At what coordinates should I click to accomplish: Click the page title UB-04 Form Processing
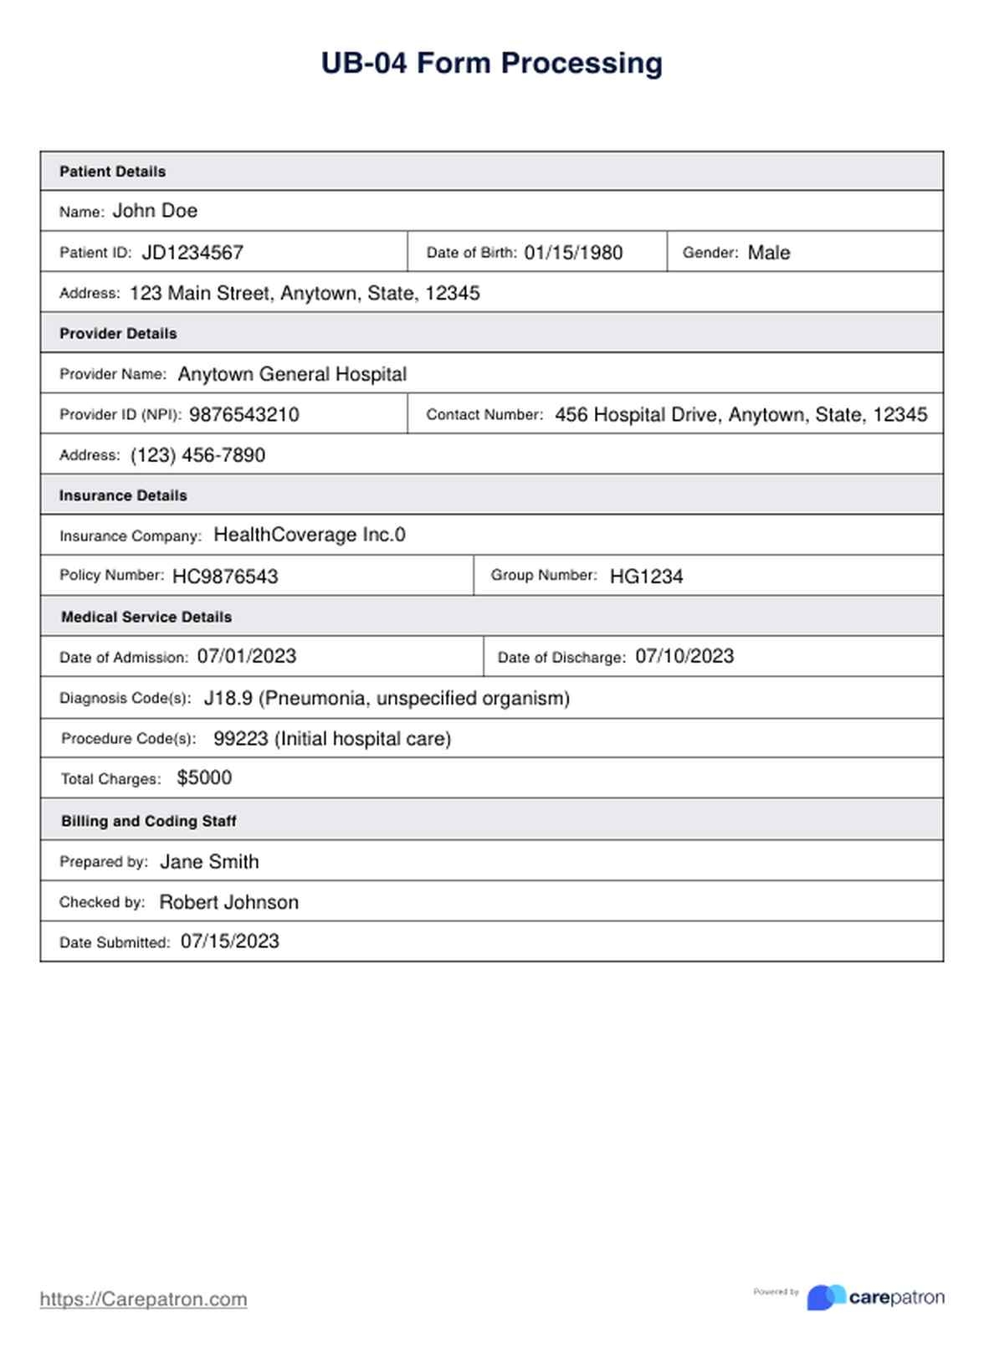pyautogui.click(x=491, y=64)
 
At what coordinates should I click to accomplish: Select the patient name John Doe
pyautogui.click(x=155, y=211)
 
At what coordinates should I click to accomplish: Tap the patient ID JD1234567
pyautogui.click(x=192, y=253)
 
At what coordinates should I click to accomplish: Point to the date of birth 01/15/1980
pyautogui.click(x=573, y=253)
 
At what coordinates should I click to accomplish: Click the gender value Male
pyautogui.click(x=768, y=253)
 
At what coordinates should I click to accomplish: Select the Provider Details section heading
pyautogui.click(x=118, y=333)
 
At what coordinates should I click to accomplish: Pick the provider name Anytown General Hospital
pyautogui.click(x=292, y=374)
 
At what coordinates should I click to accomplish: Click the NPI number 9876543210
pyautogui.click(x=243, y=415)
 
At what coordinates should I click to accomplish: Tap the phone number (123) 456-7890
pyautogui.click(x=197, y=455)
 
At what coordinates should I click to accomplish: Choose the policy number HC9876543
pyautogui.click(x=225, y=577)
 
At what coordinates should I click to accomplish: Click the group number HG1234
pyautogui.click(x=646, y=577)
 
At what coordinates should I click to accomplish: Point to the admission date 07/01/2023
pyautogui.click(x=246, y=657)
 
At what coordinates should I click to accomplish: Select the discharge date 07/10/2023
pyautogui.click(x=684, y=657)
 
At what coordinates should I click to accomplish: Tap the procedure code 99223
pyautogui.click(x=241, y=739)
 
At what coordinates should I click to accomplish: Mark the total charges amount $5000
pyautogui.click(x=204, y=778)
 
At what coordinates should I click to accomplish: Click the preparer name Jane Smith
pyautogui.click(x=209, y=862)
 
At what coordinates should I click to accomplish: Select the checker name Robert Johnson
pyautogui.click(x=228, y=902)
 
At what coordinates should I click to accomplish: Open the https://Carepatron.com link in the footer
pyautogui.click(x=143, y=1299)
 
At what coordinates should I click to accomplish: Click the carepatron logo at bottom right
pyautogui.click(x=875, y=1297)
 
